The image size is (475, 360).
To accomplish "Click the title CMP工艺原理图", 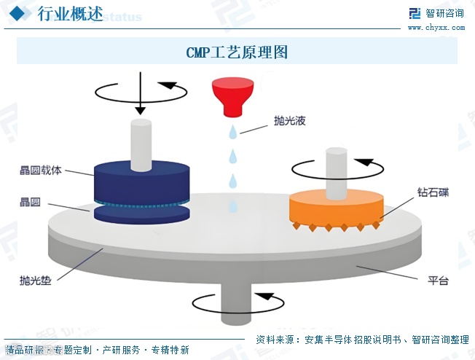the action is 237,52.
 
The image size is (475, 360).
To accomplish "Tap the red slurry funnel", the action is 232,97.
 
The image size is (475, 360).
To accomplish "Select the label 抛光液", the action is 288,120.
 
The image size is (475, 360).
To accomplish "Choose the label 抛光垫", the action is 35,279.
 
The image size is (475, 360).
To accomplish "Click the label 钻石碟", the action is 433,192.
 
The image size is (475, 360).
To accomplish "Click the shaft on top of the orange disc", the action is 336,172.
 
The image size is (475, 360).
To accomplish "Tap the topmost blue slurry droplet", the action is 232,132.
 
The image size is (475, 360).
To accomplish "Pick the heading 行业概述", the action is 69,15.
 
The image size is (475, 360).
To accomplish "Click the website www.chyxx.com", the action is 436,28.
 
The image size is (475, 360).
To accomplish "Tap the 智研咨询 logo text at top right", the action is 444,13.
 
